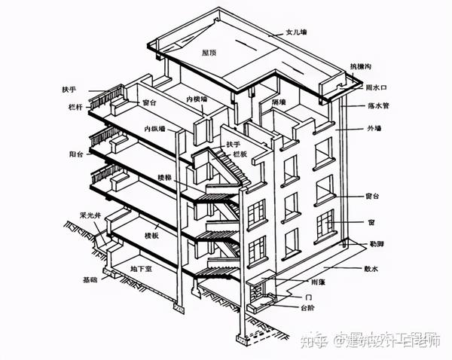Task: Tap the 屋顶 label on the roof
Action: pyautogui.click(x=210, y=53)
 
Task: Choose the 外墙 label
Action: pyautogui.click(x=374, y=129)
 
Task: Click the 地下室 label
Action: pyautogui.click(x=142, y=268)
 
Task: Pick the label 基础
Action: pyautogui.click(x=90, y=279)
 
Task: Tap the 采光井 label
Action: pyautogui.click(x=91, y=214)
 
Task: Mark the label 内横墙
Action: pyautogui.click(x=197, y=99)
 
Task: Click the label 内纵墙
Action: pyautogui.click(x=156, y=129)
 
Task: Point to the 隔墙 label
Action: pyautogui.click(x=277, y=102)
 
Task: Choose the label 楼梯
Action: pyautogui.click(x=165, y=178)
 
